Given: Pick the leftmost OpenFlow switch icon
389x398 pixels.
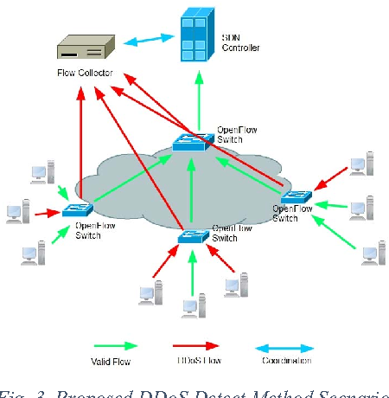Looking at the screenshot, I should [x=76, y=209].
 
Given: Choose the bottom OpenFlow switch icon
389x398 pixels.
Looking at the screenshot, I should [x=194, y=235].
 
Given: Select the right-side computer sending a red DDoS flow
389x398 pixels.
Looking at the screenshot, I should [x=358, y=167].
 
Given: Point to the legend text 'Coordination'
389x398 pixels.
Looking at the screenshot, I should [x=287, y=361].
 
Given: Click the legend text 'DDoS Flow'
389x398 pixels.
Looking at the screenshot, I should [x=191, y=361].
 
